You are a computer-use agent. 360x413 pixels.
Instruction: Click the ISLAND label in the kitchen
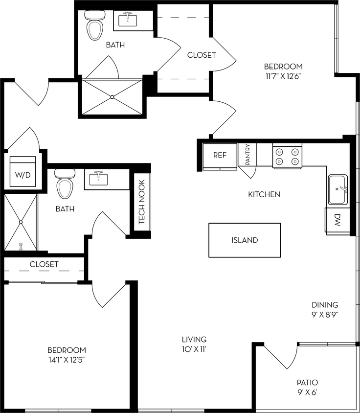(x=245, y=240)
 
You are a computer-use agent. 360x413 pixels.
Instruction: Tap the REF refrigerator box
(x=220, y=155)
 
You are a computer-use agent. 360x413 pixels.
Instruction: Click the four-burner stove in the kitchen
(x=287, y=156)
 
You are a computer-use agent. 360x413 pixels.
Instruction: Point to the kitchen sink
(x=337, y=189)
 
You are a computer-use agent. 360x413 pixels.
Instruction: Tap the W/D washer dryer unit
(x=22, y=172)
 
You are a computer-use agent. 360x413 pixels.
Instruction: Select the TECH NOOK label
(x=142, y=203)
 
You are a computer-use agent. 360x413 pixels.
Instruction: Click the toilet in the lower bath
(x=65, y=183)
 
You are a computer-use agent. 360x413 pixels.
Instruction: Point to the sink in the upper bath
(x=130, y=20)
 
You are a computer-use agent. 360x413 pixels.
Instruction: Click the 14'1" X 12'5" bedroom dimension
(x=67, y=360)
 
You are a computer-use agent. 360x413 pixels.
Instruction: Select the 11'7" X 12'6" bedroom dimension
(x=283, y=76)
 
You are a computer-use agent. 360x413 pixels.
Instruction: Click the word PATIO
(x=307, y=382)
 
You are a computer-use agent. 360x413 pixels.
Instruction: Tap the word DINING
(x=325, y=304)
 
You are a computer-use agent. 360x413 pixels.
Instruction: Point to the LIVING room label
(x=194, y=339)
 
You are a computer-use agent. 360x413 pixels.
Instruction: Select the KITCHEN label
(x=264, y=194)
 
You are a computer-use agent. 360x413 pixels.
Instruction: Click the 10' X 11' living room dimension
(x=194, y=349)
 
